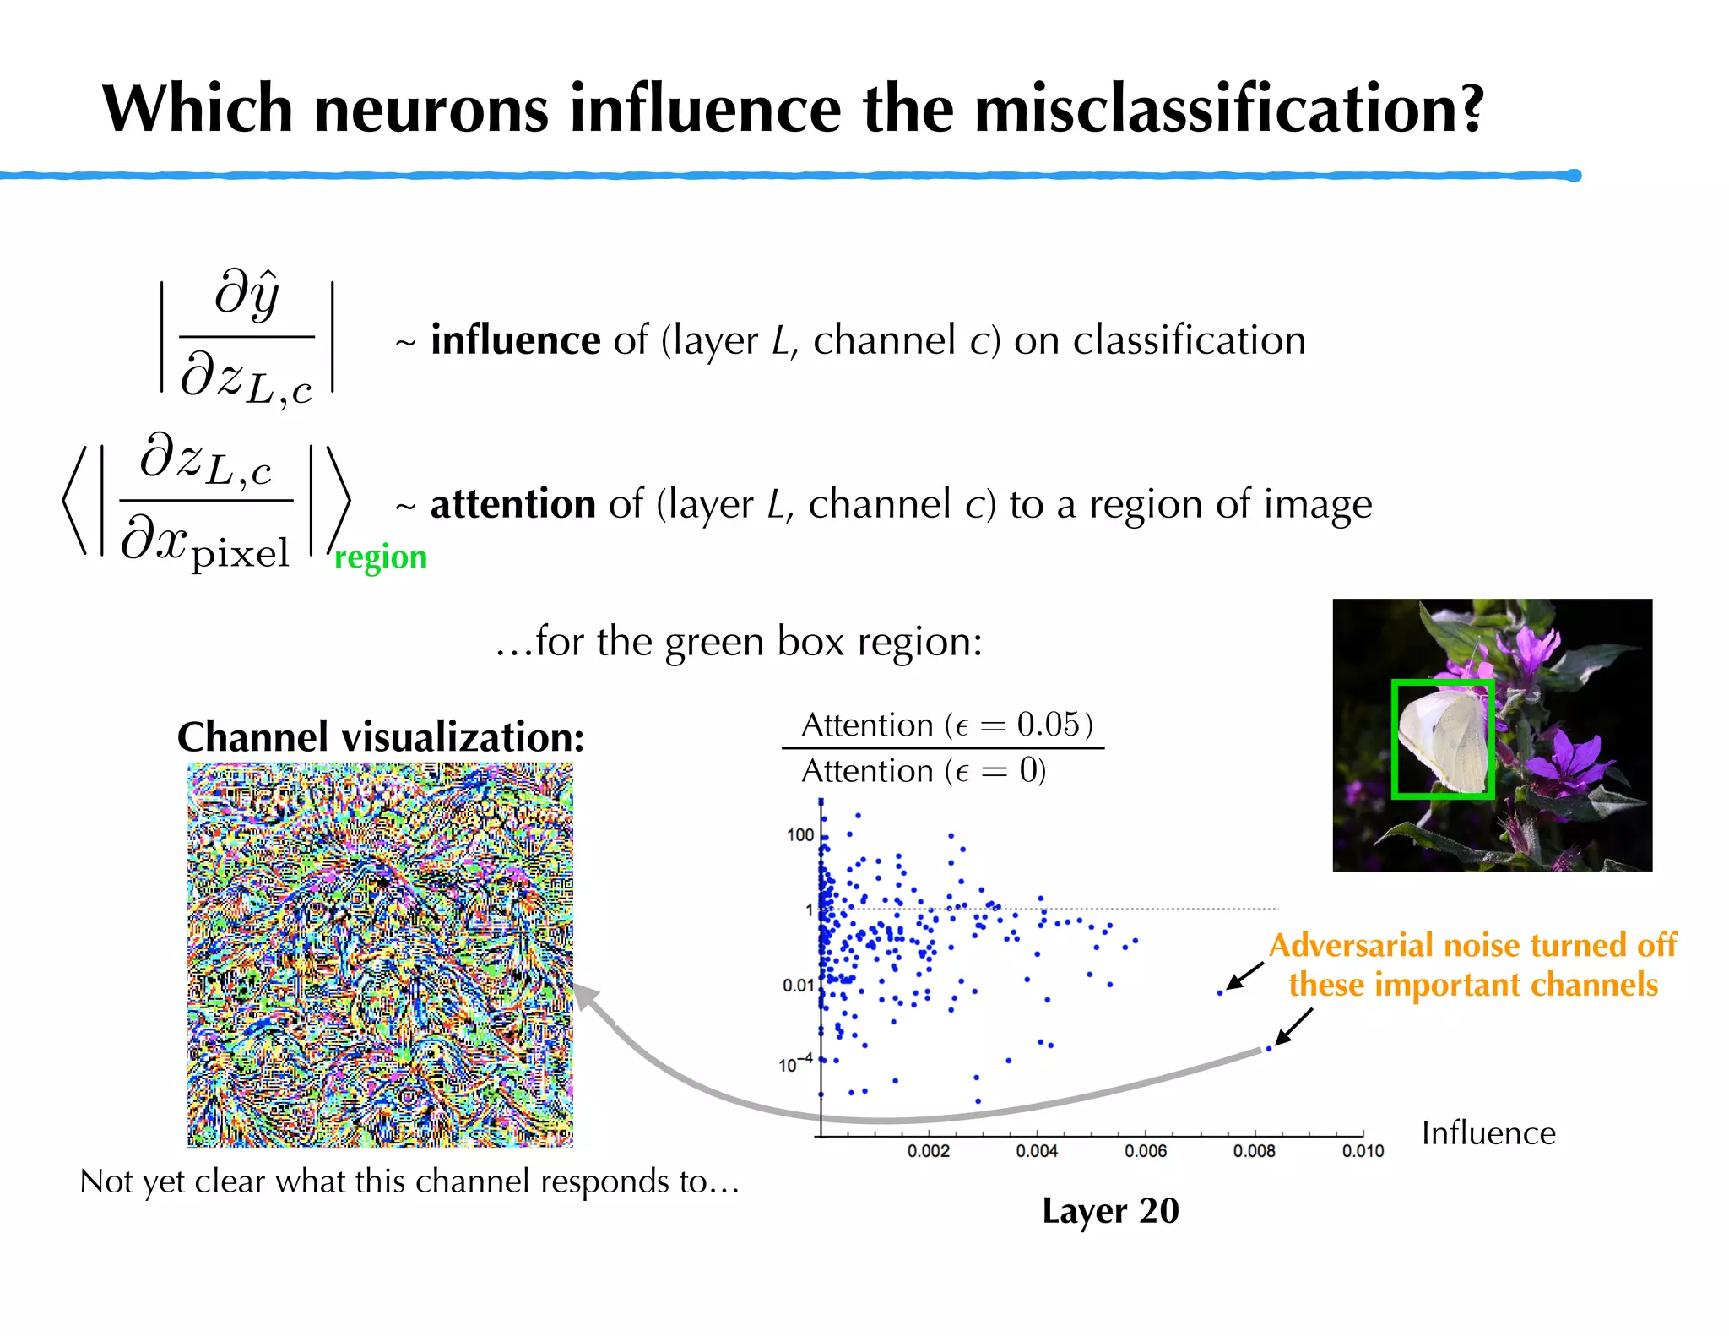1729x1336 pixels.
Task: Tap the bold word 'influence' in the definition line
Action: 515,340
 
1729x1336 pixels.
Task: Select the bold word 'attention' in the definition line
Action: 512,504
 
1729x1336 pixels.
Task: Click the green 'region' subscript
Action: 381,557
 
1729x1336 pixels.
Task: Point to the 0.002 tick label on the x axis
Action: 928,1151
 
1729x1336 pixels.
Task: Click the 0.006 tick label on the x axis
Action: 1145,1151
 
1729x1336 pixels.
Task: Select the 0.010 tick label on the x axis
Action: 1363,1151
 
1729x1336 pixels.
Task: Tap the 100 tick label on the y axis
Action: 799,835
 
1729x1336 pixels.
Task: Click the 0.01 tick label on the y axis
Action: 798,986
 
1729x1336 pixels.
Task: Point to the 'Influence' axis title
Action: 1488,1133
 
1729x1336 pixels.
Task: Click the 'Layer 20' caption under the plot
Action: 1110,1211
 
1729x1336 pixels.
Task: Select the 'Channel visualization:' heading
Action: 381,737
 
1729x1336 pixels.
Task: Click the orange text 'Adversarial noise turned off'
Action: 1472,945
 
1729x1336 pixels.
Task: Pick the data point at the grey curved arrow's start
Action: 1268,1049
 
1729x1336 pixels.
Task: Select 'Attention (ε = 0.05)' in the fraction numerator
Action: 946,725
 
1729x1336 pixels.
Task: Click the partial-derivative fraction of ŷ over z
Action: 247,338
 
